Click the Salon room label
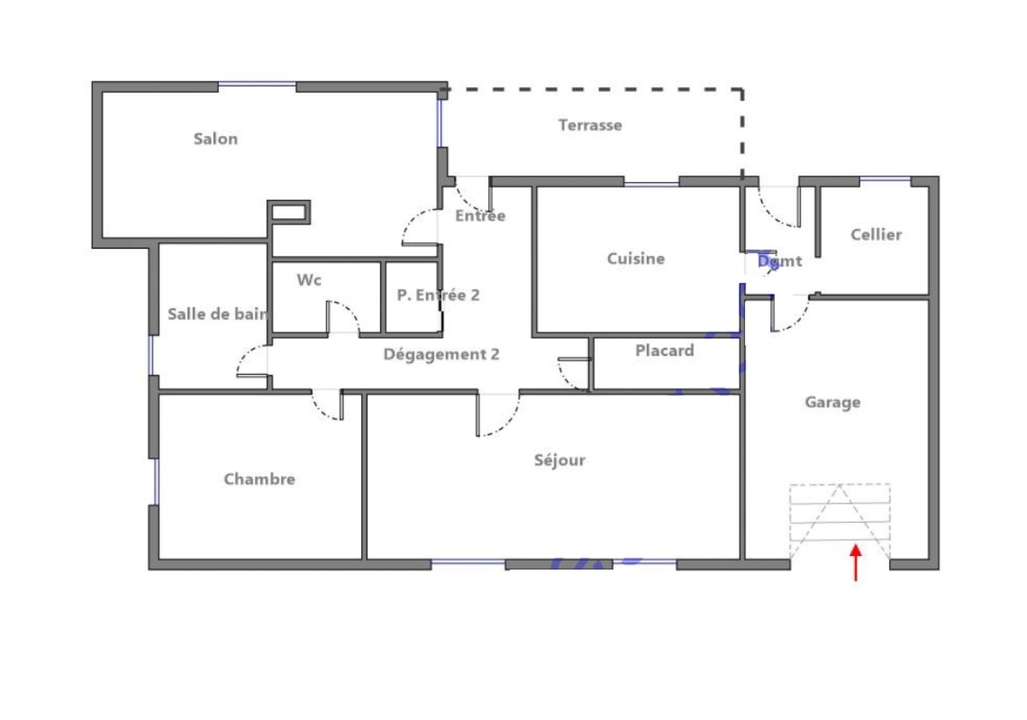pyautogui.click(x=215, y=139)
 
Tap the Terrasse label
pyautogui.click(x=590, y=125)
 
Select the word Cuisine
pyautogui.click(x=636, y=259)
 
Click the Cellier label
pyautogui.click(x=876, y=235)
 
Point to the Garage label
pyautogui.click(x=832, y=402)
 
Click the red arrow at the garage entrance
pyautogui.click(x=856, y=562)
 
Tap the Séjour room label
pyautogui.click(x=560, y=460)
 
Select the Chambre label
pyautogui.click(x=259, y=479)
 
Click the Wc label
pyautogui.click(x=309, y=280)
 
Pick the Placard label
pyautogui.click(x=664, y=351)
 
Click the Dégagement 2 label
pyautogui.click(x=441, y=355)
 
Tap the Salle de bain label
pyautogui.click(x=217, y=314)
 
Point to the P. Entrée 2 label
pyautogui.click(x=438, y=295)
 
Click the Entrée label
pyautogui.click(x=480, y=215)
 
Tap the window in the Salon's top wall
pyautogui.click(x=257, y=85)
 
